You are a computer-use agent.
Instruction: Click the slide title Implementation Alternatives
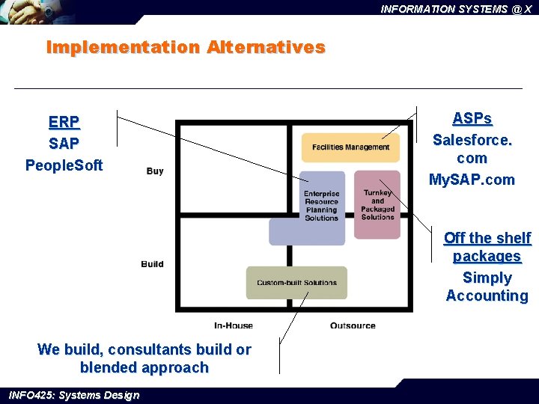(x=186, y=47)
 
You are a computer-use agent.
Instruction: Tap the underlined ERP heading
(x=64, y=122)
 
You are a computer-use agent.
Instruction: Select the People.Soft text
(x=64, y=165)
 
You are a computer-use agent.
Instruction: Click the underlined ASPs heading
(x=472, y=119)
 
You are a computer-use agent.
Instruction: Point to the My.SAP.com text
(x=472, y=180)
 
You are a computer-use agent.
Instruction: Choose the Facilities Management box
(x=350, y=147)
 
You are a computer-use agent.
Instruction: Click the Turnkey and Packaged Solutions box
(x=377, y=204)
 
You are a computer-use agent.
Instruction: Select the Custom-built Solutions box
(x=296, y=283)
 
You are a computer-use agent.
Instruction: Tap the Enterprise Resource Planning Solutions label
(x=321, y=206)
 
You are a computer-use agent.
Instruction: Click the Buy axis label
(x=155, y=171)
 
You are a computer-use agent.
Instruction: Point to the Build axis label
(x=152, y=264)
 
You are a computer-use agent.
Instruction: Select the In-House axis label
(x=234, y=325)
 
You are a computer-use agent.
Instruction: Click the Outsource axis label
(x=353, y=325)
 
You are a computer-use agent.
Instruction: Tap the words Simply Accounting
(x=487, y=287)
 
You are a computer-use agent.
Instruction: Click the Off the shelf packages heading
(x=487, y=247)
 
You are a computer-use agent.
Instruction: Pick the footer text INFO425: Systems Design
(x=73, y=395)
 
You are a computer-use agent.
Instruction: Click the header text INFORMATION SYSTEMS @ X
(x=456, y=9)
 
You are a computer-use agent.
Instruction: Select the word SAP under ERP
(x=64, y=143)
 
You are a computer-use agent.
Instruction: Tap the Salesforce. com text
(x=472, y=149)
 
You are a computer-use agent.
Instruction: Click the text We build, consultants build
(x=144, y=349)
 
